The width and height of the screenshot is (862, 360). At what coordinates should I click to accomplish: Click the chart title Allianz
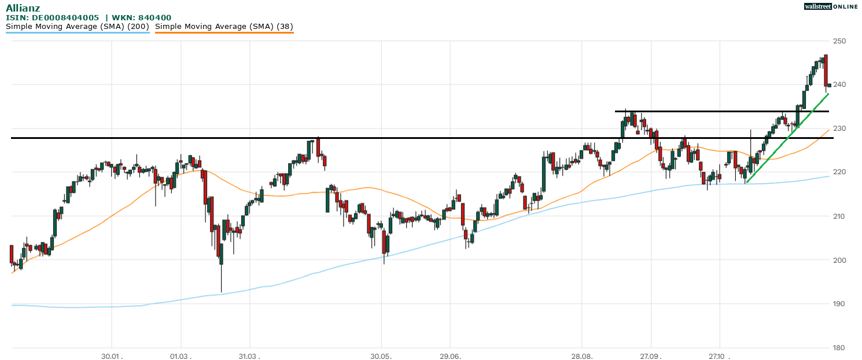coord(23,8)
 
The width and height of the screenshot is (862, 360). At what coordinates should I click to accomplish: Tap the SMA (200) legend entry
coord(78,26)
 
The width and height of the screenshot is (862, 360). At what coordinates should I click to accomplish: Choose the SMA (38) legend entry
coord(224,26)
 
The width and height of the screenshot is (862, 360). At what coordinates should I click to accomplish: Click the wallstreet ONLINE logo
coord(830,6)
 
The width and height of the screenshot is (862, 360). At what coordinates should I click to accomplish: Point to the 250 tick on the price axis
coord(839,41)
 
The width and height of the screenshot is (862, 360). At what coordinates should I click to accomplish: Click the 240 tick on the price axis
coord(839,85)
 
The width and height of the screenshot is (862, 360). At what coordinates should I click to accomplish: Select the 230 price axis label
coord(839,128)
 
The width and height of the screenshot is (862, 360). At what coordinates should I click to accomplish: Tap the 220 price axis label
coord(839,172)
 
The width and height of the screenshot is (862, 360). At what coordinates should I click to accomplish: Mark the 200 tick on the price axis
coord(839,260)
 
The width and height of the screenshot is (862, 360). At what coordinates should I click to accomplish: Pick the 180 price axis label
coord(839,348)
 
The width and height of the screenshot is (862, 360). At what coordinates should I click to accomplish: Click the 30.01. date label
coord(112,356)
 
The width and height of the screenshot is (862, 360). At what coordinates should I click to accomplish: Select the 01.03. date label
coord(181,356)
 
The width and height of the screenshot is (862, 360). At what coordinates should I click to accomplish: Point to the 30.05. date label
coord(381,356)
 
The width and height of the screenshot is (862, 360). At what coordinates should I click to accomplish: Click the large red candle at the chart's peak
coord(826,70)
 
